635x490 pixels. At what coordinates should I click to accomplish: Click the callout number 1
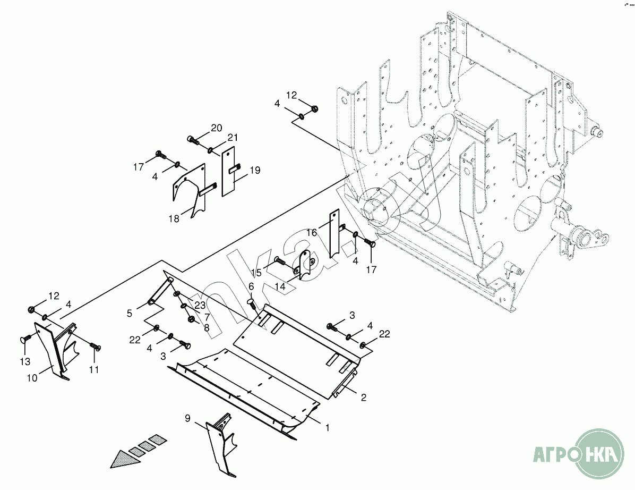point(328,427)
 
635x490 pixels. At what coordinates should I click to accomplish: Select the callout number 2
point(363,397)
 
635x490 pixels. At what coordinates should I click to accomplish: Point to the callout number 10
point(32,377)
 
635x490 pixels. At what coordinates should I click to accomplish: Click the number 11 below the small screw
point(94,370)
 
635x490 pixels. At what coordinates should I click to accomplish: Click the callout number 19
point(254,171)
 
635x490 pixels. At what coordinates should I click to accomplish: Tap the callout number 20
point(216,128)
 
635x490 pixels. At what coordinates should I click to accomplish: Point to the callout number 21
point(232,138)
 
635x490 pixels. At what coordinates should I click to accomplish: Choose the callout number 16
point(312,233)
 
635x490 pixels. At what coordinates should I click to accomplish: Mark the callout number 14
point(280,286)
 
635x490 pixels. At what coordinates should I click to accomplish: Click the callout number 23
point(200,306)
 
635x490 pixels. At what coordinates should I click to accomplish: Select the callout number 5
point(130,314)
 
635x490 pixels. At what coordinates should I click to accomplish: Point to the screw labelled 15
point(280,261)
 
